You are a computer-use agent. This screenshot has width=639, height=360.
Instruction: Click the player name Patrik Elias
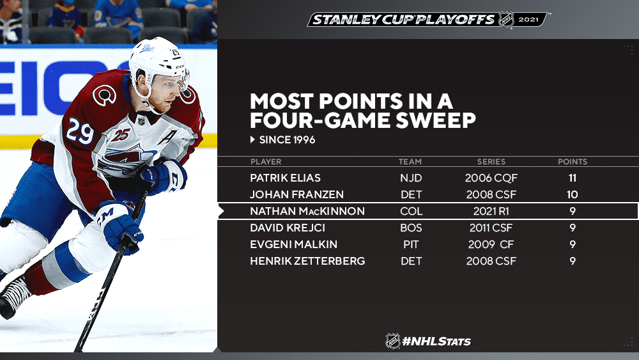(285, 178)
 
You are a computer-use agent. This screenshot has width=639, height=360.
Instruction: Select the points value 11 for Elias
(572, 178)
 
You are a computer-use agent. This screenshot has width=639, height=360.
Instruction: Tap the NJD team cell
(411, 178)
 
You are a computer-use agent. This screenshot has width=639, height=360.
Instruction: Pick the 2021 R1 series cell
(490, 211)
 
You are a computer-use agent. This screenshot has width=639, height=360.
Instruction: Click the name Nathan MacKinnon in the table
(307, 211)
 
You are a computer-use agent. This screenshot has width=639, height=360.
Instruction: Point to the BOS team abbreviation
(411, 228)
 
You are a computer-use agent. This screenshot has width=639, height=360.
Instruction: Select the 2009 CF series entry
(491, 245)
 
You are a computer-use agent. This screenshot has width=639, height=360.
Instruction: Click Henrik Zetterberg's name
(307, 261)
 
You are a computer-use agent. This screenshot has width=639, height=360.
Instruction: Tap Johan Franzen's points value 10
(572, 194)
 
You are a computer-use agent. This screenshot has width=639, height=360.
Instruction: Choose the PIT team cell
(411, 245)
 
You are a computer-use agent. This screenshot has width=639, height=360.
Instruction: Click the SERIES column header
(491, 162)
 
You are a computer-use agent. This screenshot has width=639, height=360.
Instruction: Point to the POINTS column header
(573, 162)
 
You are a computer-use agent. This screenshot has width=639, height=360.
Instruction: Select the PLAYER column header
(266, 162)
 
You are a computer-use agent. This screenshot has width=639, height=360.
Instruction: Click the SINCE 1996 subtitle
(287, 140)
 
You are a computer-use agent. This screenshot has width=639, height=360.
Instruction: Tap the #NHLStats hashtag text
(436, 341)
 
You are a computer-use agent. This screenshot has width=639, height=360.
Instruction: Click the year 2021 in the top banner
(528, 20)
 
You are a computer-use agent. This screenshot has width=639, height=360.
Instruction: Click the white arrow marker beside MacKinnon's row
(221, 211)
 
